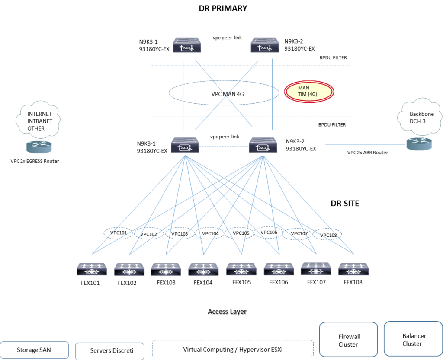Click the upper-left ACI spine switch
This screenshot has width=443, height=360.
tap(186, 45)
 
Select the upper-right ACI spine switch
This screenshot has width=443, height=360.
tap(265, 45)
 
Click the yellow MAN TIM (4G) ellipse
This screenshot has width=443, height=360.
tap(309, 91)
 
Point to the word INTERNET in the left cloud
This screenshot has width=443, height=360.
tap(39, 114)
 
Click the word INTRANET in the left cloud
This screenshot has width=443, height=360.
tap(40, 121)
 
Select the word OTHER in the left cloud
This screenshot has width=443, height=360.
tap(36, 128)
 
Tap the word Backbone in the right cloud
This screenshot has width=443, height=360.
tap(422, 114)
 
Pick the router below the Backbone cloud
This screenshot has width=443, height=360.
tap(419, 144)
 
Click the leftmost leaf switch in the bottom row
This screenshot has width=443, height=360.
tap(92, 269)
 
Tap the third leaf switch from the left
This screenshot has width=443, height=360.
tap(166, 269)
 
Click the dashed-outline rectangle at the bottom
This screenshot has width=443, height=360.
tap(233, 348)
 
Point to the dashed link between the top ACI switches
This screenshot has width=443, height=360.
tap(226, 46)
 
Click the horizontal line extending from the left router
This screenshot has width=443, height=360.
tap(92, 147)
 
